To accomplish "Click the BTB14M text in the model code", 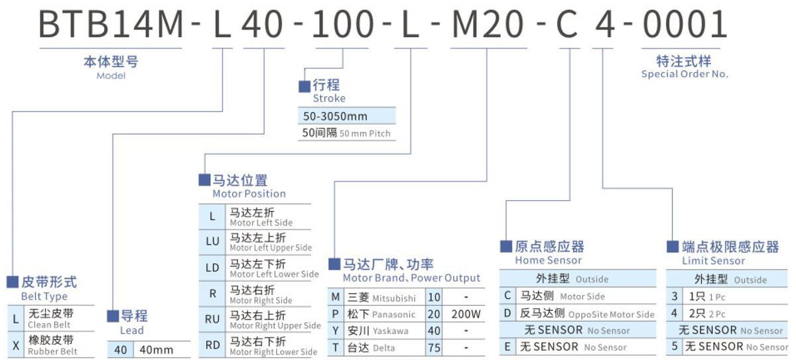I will pyautogui.click(x=109, y=24).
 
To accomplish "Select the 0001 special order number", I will pyautogui.click(x=685, y=24).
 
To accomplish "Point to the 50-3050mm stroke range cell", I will pyautogui.click(x=336, y=116).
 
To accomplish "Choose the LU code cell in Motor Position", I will pyautogui.click(x=212, y=242).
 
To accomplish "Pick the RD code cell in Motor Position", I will pyautogui.click(x=212, y=345).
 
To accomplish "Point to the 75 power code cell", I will pyautogui.click(x=434, y=347).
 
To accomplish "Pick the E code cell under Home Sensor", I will pyautogui.click(x=508, y=347).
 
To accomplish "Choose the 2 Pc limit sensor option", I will pyautogui.click(x=706, y=314).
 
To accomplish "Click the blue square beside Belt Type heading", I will pyautogui.click(x=13, y=282).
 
